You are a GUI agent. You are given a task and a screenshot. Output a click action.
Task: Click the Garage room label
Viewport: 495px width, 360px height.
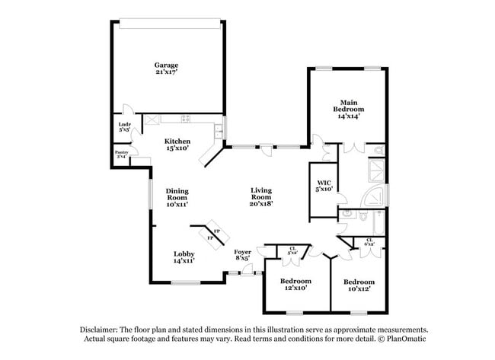[166, 65]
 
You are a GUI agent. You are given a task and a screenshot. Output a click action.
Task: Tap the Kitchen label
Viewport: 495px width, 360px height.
[177, 141]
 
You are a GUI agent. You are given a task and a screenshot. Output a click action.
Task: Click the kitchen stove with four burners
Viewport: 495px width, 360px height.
[185, 118]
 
